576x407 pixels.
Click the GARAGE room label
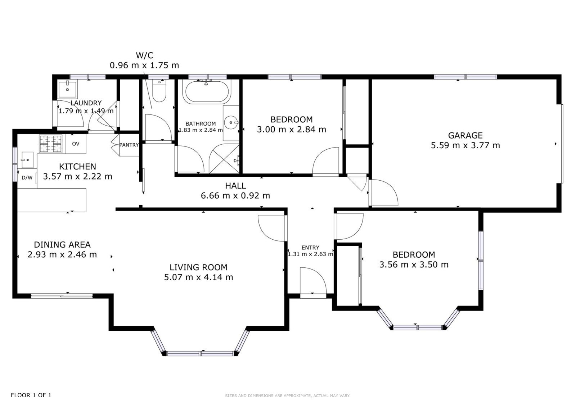click(465, 135)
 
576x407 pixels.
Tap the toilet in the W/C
click(159, 90)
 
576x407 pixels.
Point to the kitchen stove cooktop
click(51, 144)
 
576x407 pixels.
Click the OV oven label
click(76, 144)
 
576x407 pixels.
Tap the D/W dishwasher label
click(27, 178)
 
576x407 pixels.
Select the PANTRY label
click(129, 145)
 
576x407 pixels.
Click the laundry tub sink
click(67, 89)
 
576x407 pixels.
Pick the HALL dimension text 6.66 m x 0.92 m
click(235, 196)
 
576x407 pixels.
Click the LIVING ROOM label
click(198, 267)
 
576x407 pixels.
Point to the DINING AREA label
click(62, 244)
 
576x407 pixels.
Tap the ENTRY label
click(310, 248)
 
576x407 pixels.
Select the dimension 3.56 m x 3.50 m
click(414, 264)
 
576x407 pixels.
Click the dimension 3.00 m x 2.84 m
click(291, 129)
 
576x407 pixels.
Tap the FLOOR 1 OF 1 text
click(31, 395)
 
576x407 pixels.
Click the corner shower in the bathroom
click(224, 159)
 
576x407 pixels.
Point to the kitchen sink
click(27, 160)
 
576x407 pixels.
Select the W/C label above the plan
click(144, 55)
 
